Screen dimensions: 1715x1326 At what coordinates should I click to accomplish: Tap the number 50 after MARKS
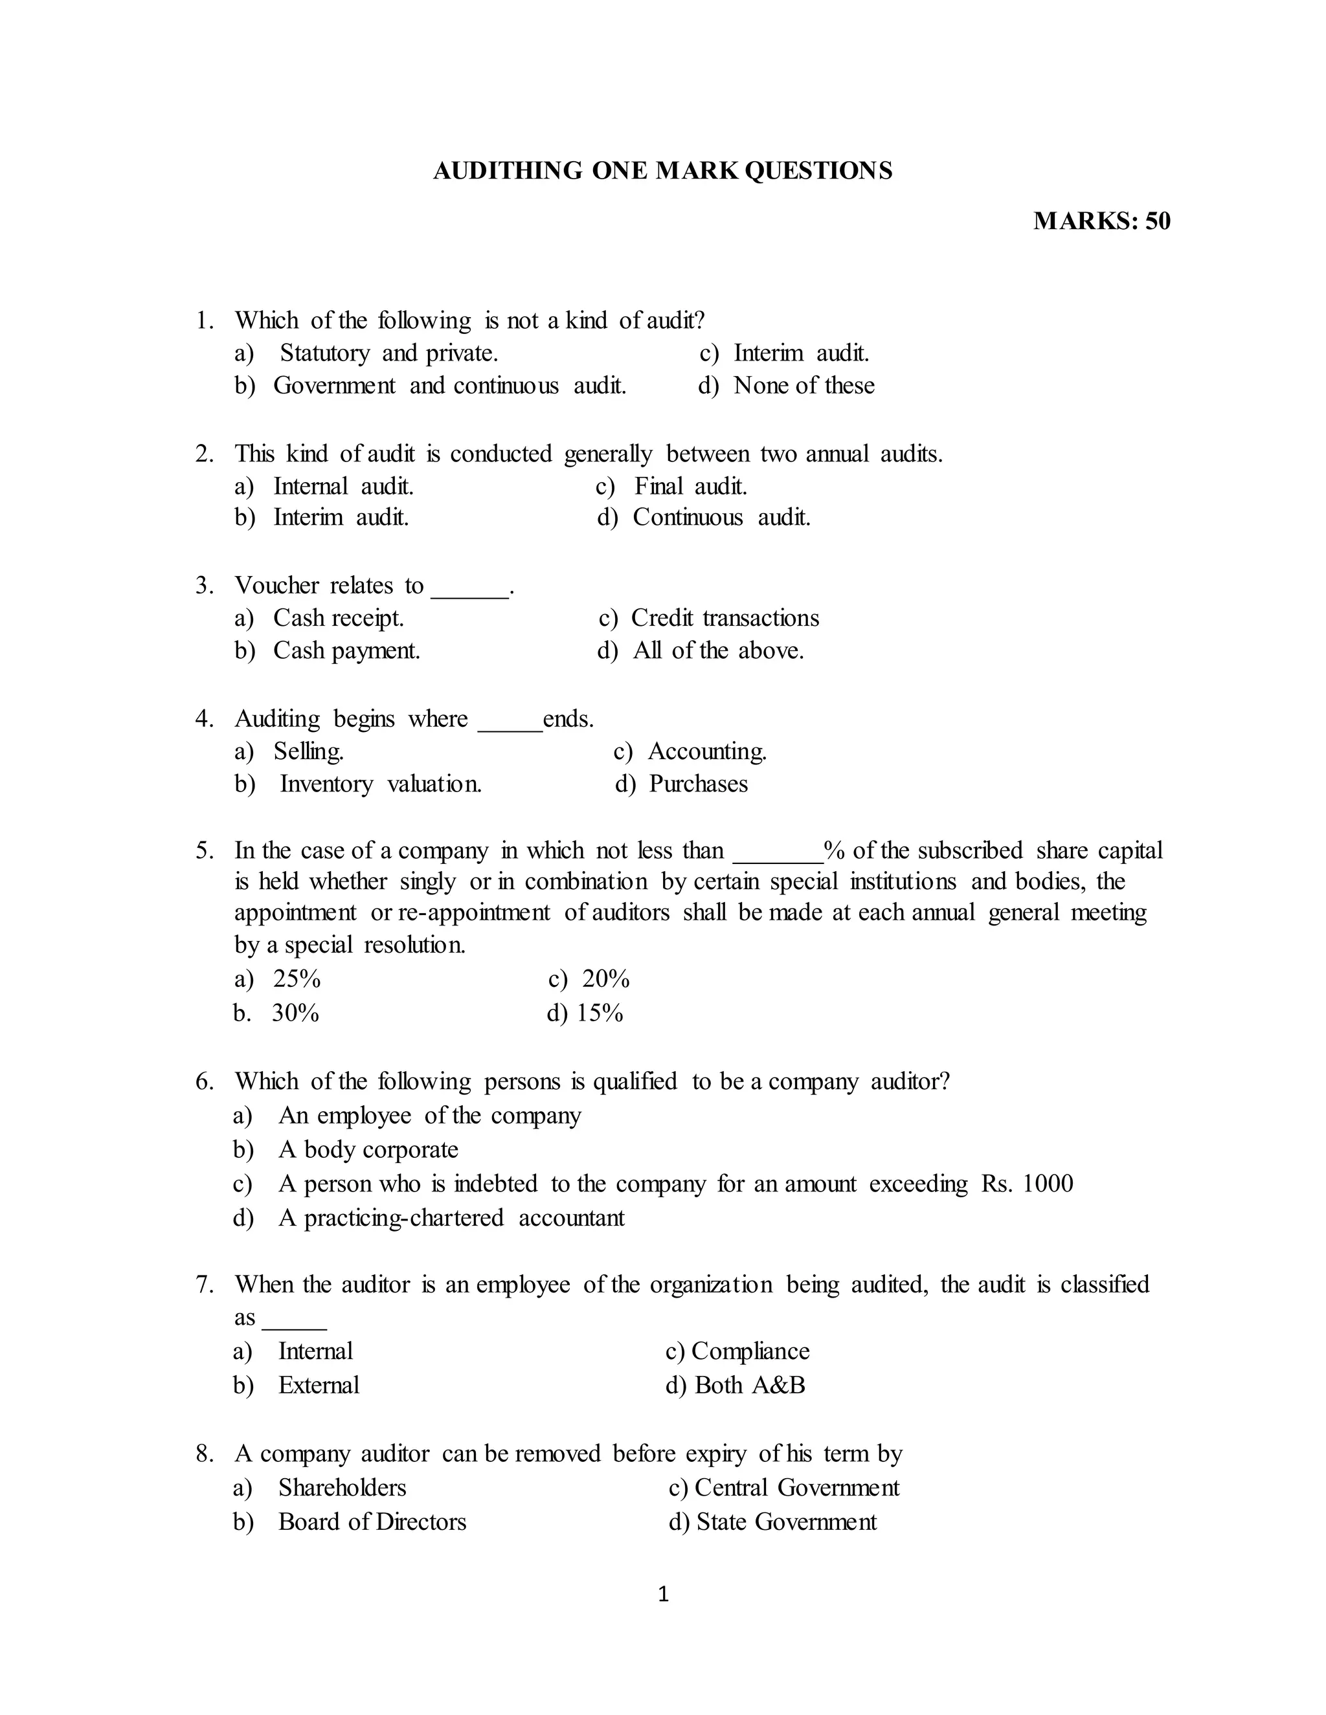click(1157, 221)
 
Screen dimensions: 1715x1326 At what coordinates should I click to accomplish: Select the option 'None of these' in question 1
click(803, 386)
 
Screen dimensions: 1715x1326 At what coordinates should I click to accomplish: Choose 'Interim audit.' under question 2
click(341, 518)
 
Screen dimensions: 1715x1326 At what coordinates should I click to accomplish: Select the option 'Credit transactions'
click(725, 618)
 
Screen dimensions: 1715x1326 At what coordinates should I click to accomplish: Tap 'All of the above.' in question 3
click(718, 651)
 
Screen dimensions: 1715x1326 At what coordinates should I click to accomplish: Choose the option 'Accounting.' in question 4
click(707, 751)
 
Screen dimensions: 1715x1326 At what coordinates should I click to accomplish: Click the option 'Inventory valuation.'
click(380, 784)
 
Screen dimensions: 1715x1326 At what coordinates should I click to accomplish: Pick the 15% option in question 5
click(600, 1013)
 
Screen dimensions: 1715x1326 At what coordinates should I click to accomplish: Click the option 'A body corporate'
click(368, 1149)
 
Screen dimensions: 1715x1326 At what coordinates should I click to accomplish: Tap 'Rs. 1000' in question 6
click(1027, 1184)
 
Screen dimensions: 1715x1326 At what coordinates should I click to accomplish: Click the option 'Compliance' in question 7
click(750, 1351)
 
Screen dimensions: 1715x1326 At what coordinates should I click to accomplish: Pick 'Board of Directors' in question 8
click(372, 1522)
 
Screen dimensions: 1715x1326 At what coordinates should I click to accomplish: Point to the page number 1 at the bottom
click(663, 1594)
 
